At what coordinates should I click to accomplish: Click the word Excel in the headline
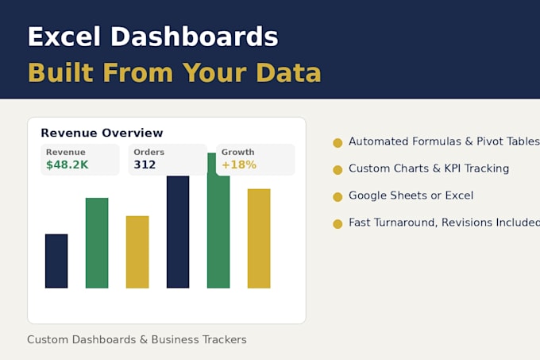click(x=64, y=37)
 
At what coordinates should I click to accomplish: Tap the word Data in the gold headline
click(x=288, y=72)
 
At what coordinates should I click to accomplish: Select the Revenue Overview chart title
click(x=102, y=133)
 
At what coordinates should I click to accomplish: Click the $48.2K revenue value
click(x=67, y=165)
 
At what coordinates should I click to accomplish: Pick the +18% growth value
click(x=239, y=165)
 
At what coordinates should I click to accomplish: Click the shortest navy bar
click(x=56, y=261)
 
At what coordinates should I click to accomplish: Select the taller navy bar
click(x=178, y=232)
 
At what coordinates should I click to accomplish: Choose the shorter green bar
click(x=97, y=243)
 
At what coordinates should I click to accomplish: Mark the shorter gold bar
click(x=137, y=252)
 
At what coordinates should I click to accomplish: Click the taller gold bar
click(x=259, y=238)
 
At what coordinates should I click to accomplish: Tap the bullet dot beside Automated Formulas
click(x=337, y=142)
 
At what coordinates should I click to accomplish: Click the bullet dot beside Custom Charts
click(x=337, y=170)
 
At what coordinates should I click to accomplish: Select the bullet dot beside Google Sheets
click(x=337, y=197)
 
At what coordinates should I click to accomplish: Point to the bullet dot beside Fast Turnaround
click(x=337, y=224)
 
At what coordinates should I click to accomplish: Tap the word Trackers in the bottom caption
click(x=225, y=339)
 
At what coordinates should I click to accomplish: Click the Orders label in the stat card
click(x=148, y=152)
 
